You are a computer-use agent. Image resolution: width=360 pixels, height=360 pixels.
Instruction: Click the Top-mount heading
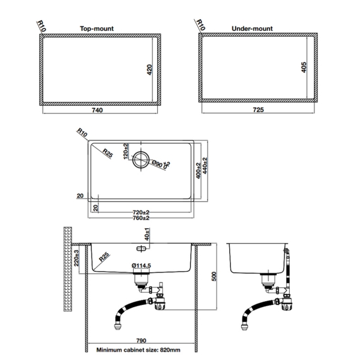(x=97, y=28)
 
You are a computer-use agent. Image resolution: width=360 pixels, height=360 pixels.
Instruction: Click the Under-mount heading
(x=252, y=28)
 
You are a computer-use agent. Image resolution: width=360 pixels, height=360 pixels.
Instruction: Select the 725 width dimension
(x=259, y=110)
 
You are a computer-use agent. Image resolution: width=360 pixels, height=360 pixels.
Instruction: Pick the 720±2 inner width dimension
(x=141, y=212)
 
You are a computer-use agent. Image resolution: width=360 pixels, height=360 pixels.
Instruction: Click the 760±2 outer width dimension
(x=141, y=218)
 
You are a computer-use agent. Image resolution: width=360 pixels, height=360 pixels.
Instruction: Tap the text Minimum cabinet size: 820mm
(x=139, y=349)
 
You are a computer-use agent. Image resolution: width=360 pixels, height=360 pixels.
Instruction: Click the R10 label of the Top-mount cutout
(x=41, y=26)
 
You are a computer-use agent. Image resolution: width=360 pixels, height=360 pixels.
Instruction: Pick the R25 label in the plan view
(x=108, y=151)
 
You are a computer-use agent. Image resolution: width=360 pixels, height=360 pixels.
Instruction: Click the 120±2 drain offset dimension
(x=126, y=150)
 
